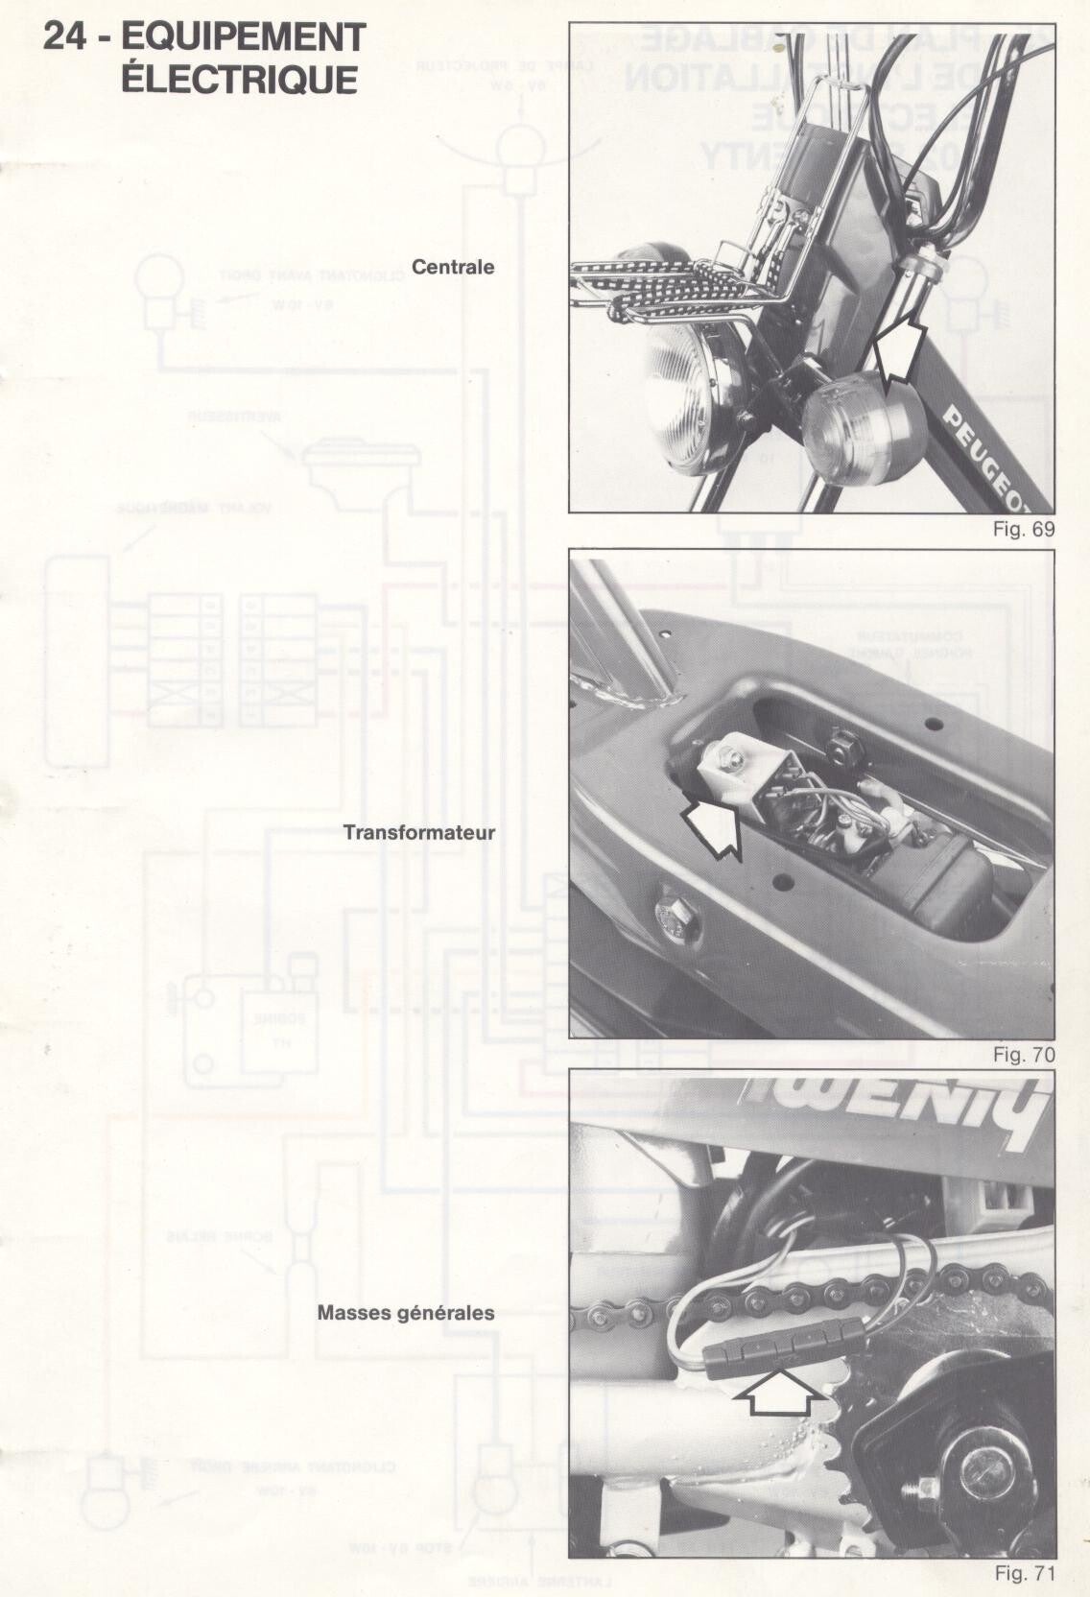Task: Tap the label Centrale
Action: point(453,267)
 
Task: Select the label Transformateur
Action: point(419,832)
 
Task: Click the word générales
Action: point(449,1312)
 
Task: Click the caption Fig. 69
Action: point(1025,529)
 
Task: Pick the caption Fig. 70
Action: point(1024,1055)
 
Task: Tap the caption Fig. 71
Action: point(1024,1573)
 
